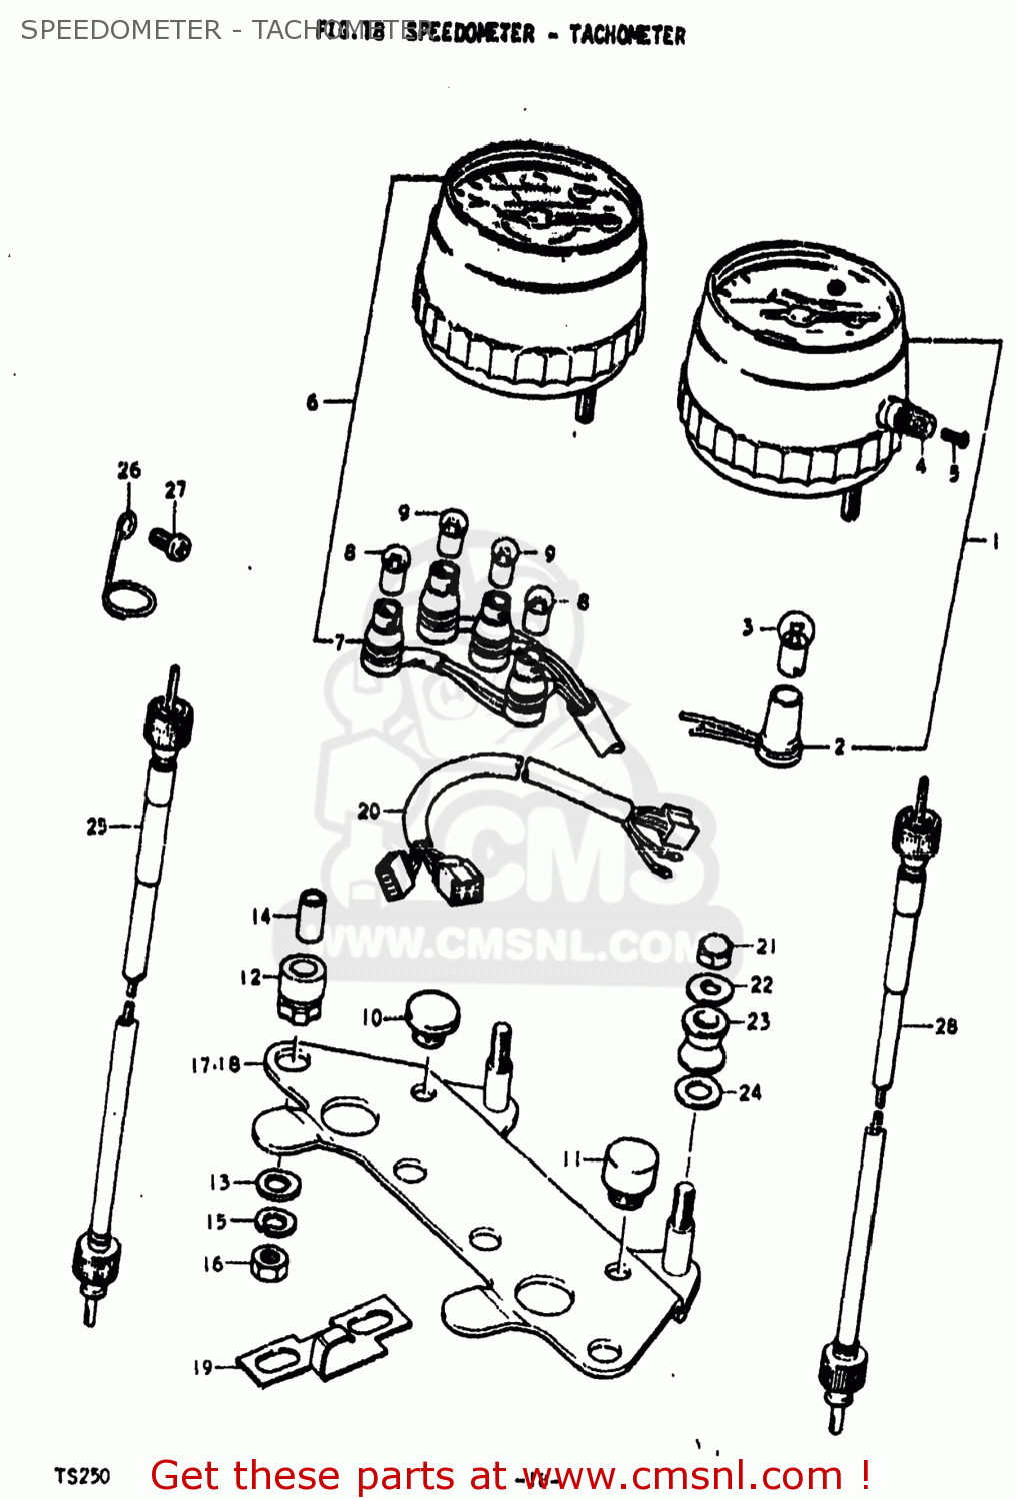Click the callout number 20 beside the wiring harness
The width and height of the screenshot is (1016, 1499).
pos(368,810)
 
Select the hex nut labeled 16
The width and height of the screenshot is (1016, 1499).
pos(269,1263)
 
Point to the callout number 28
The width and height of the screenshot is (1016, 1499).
pos(945,1025)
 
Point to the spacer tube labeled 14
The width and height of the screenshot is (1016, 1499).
pos(312,913)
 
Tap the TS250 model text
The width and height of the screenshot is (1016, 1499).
pos(81,1476)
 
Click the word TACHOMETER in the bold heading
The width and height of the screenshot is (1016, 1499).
pos(627,35)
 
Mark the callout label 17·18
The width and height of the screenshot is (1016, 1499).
pos(215,1065)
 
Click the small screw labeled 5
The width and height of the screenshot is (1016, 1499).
pos(955,437)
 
